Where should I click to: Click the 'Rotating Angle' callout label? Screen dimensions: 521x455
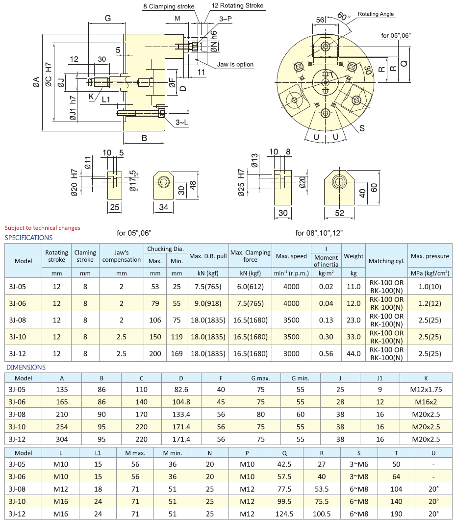coord(376,14)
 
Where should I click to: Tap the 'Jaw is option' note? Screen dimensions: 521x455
coord(235,65)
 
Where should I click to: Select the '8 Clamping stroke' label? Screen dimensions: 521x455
coord(169,6)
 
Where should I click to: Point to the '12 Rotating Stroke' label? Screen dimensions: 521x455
coord(237,6)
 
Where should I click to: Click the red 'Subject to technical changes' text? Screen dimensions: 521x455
coord(42,227)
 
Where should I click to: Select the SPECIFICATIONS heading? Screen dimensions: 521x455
coord(28,238)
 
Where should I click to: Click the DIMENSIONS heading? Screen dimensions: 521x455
coord(25,367)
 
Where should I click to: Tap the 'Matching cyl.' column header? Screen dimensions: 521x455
coord(386,261)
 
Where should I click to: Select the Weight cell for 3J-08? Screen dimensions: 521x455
coord(354,320)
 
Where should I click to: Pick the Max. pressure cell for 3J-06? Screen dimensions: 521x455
coord(430,303)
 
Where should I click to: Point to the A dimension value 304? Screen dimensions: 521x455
coord(62,440)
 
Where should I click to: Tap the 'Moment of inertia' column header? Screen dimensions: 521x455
coord(326,261)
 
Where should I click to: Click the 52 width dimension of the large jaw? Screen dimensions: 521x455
coord(339,213)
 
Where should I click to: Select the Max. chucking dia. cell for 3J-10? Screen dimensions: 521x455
coord(155,337)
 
